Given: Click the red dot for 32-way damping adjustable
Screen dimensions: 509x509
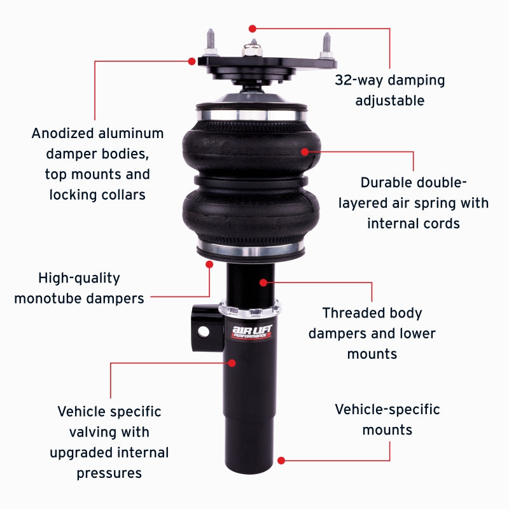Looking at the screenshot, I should [253, 29].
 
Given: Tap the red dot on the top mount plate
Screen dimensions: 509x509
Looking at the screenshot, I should [192, 61].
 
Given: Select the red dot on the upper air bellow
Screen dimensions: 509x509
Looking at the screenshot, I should [305, 151].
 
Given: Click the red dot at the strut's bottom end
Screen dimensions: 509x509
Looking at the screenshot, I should [281, 459].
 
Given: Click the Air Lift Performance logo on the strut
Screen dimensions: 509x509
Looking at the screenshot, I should [251, 331].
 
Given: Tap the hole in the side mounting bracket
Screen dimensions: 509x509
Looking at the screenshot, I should [204, 331].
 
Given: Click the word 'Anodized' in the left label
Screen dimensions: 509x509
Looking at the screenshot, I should [62, 134].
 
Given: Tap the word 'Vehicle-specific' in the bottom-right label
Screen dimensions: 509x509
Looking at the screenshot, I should [387, 409].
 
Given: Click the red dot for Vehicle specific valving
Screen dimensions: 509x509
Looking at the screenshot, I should [232, 363].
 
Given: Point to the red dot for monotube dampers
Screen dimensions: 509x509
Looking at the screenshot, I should [209, 263].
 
